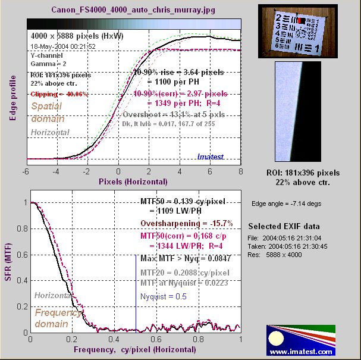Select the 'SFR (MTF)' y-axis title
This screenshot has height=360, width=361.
[x=8, y=267]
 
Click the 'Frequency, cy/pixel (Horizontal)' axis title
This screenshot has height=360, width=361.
[x=135, y=351]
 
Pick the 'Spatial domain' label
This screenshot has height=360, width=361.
[x=51, y=111]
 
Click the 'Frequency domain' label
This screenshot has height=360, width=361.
[x=51, y=318]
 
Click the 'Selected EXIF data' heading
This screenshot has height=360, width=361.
[x=284, y=227]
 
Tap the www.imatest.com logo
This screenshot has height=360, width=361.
[x=297, y=341]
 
